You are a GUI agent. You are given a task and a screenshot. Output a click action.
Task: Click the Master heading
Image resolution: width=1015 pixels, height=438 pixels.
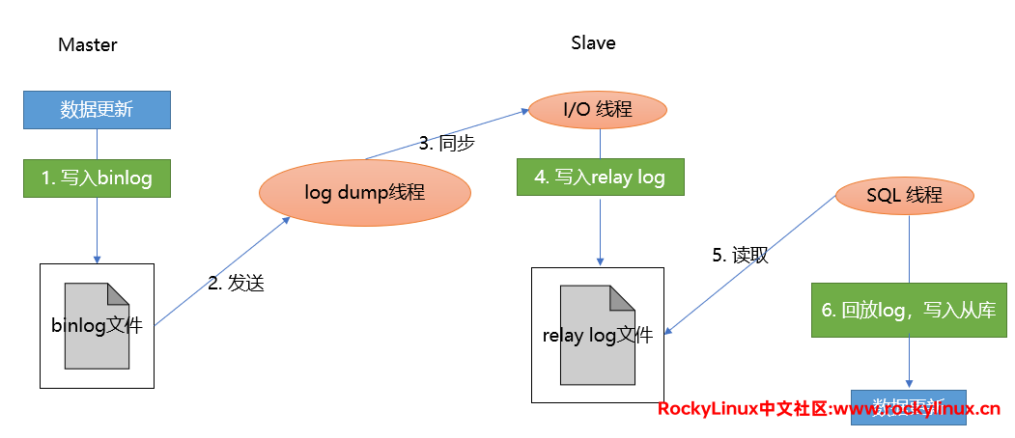click(x=87, y=45)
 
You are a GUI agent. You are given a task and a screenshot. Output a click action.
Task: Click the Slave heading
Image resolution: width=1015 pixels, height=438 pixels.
click(x=593, y=43)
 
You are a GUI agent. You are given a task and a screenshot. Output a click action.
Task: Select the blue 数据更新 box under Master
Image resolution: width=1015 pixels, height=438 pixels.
click(x=97, y=109)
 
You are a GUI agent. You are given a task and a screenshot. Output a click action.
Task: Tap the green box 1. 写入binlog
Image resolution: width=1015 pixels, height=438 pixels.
click(x=97, y=178)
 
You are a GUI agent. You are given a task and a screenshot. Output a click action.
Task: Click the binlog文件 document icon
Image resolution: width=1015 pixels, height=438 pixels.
click(x=97, y=326)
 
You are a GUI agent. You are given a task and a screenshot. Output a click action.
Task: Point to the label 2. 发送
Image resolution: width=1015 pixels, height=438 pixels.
click(x=236, y=284)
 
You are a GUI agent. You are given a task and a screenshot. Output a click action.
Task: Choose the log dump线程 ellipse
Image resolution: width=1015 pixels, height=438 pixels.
click(x=364, y=192)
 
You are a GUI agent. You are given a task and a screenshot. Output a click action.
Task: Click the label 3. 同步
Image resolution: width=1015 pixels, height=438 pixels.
click(x=446, y=144)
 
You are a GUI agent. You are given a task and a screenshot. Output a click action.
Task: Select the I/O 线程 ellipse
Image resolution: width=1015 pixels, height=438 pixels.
click(x=598, y=109)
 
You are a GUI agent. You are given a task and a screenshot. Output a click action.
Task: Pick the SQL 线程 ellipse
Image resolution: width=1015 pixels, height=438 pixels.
click(x=903, y=195)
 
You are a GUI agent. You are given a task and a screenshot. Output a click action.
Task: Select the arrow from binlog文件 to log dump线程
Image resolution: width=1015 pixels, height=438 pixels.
click(x=222, y=271)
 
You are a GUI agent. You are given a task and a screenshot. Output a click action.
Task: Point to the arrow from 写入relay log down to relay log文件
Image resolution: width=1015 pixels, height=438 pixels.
click(x=601, y=232)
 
